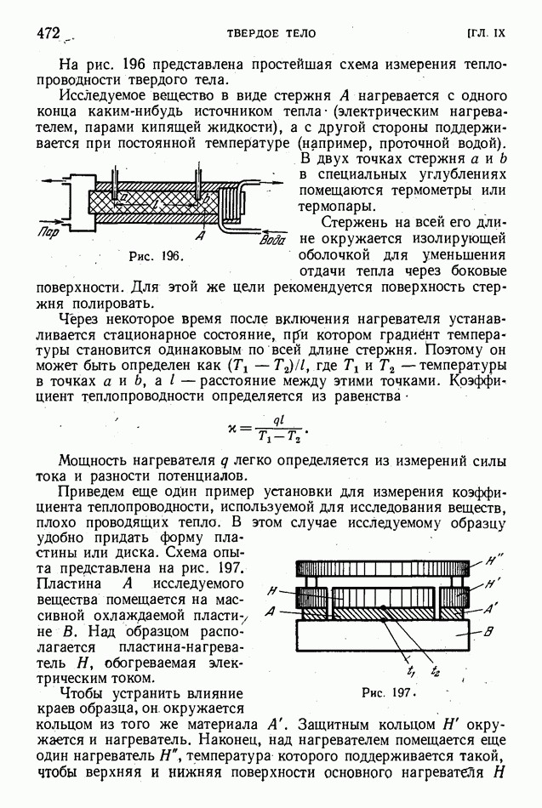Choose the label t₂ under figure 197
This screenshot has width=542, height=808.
435,671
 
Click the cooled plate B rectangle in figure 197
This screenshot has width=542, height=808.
383,634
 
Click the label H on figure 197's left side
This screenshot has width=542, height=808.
271,589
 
